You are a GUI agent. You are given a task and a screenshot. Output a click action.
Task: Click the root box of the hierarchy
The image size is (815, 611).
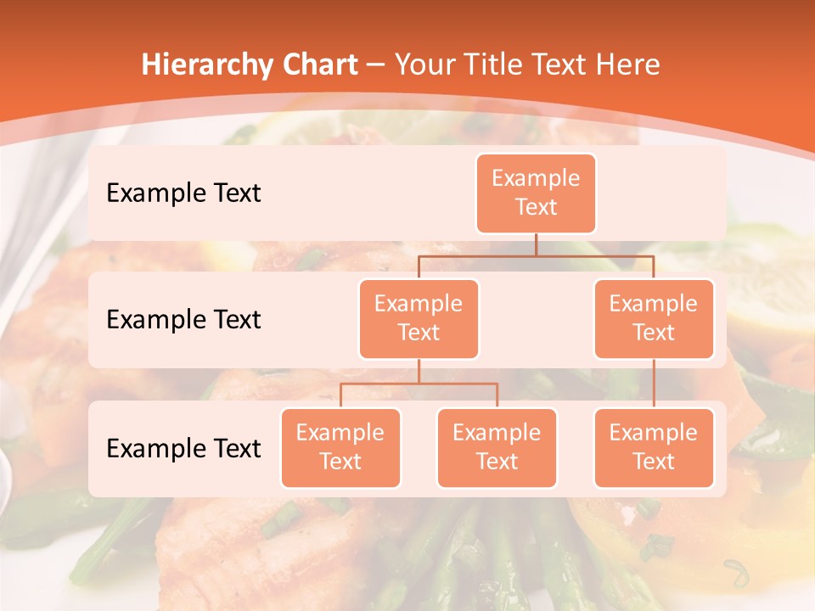click(x=536, y=193)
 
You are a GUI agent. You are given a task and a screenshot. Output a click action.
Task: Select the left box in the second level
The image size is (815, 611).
click(x=419, y=318)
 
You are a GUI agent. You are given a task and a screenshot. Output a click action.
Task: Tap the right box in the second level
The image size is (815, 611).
click(x=654, y=318)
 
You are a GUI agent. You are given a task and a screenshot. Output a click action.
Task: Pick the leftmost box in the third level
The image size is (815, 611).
click(x=340, y=447)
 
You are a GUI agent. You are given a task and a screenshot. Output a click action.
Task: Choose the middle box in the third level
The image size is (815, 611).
click(x=497, y=447)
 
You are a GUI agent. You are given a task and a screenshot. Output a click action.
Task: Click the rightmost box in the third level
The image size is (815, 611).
click(x=654, y=447)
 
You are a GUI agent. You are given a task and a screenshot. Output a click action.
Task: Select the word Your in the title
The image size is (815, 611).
click(x=426, y=64)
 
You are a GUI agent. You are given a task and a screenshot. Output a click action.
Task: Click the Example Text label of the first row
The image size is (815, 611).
click(x=183, y=193)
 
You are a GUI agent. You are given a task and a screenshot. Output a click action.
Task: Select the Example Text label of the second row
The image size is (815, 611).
click(x=183, y=319)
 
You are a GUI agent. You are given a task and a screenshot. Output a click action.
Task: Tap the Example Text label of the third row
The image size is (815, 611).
click(x=183, y=448)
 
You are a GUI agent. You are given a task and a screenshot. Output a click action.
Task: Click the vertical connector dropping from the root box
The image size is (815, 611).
click(x=536, y=244)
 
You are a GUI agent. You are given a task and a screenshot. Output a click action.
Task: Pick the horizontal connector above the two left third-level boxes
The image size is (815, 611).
click(x=419, y=384)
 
